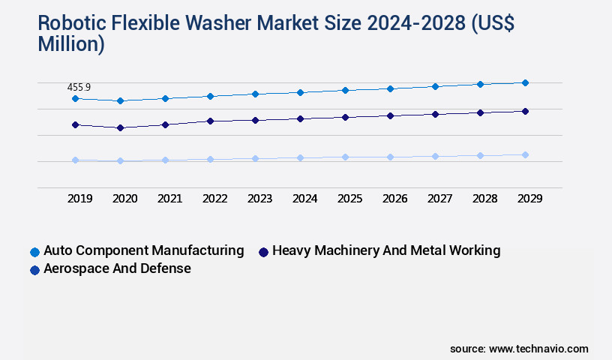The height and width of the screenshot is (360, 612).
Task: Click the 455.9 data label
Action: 79,88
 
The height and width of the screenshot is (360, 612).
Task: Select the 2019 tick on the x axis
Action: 79,199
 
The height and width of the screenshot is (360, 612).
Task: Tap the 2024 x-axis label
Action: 304,199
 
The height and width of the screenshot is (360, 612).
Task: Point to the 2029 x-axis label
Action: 529,199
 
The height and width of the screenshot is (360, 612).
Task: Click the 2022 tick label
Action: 214,199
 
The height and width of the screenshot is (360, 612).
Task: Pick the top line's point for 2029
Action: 525,82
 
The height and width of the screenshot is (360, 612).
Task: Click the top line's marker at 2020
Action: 120,100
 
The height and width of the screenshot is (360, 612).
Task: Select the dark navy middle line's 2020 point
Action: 120,127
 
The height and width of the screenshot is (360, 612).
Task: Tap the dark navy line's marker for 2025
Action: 345,117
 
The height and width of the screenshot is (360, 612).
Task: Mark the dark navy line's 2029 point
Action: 525,111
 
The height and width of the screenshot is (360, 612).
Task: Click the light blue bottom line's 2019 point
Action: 75,160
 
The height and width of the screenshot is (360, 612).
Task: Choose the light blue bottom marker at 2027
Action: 435,156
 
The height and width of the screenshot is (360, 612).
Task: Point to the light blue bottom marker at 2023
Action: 255,158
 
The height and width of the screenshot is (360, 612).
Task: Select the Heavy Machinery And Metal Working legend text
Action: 385,250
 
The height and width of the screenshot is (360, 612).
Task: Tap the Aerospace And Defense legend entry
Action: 117,268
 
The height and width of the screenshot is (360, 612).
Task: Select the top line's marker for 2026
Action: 390,88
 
